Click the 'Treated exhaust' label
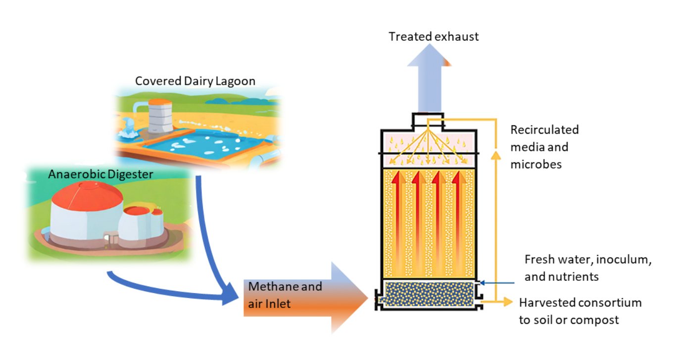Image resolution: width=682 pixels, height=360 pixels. [434, 37]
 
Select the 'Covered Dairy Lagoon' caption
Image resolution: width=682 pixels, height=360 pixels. [195, 81]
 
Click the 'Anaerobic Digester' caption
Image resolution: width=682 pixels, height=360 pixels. [100, 174]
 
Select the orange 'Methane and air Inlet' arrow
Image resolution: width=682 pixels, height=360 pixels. [307, 297]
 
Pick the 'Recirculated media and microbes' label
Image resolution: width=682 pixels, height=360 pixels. [544, 147]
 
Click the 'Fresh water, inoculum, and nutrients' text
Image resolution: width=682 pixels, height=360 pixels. [587, 268]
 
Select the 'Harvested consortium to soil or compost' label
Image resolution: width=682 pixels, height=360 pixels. [580, 311]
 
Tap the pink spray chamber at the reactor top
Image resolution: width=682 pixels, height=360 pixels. [428, 149]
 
